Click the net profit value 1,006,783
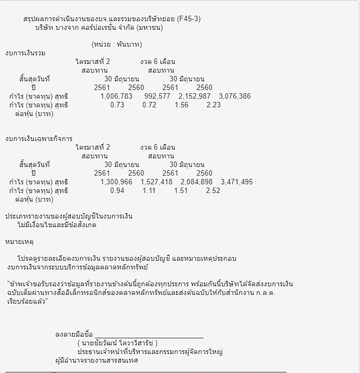coord(117,97)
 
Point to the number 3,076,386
coord(234,97)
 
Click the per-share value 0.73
coord(117,105)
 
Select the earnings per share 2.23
coord(214,105)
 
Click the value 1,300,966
coord(117,182)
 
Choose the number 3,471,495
coord(237,182)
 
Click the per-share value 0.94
coord(117,191)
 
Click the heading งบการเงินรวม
coord(25,53)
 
